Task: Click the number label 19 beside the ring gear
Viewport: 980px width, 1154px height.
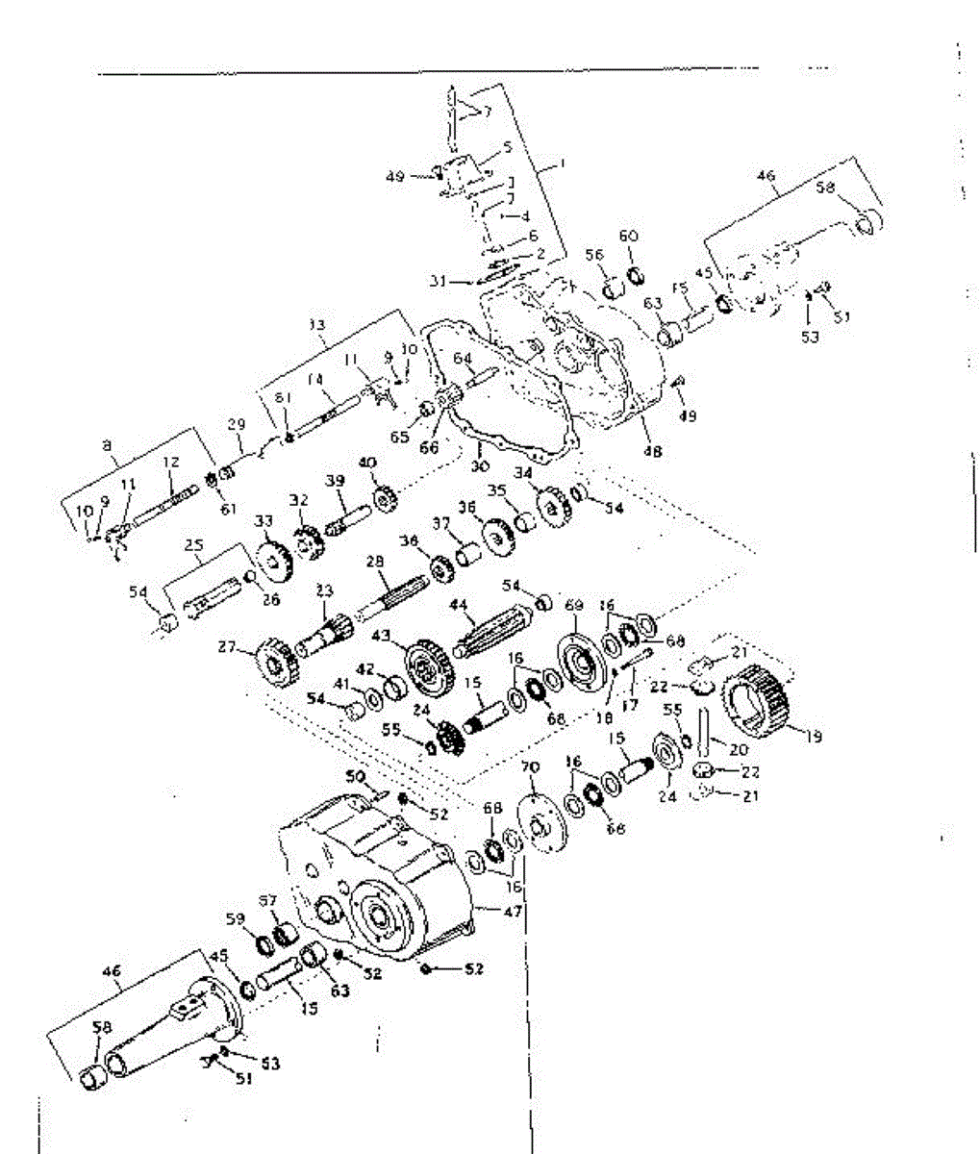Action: tap(814, 739)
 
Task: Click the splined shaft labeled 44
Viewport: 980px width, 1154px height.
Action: tap(492, 634)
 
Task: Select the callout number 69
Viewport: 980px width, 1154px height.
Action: tap(574, 605)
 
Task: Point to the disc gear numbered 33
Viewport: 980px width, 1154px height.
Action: tap(273, 566)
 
